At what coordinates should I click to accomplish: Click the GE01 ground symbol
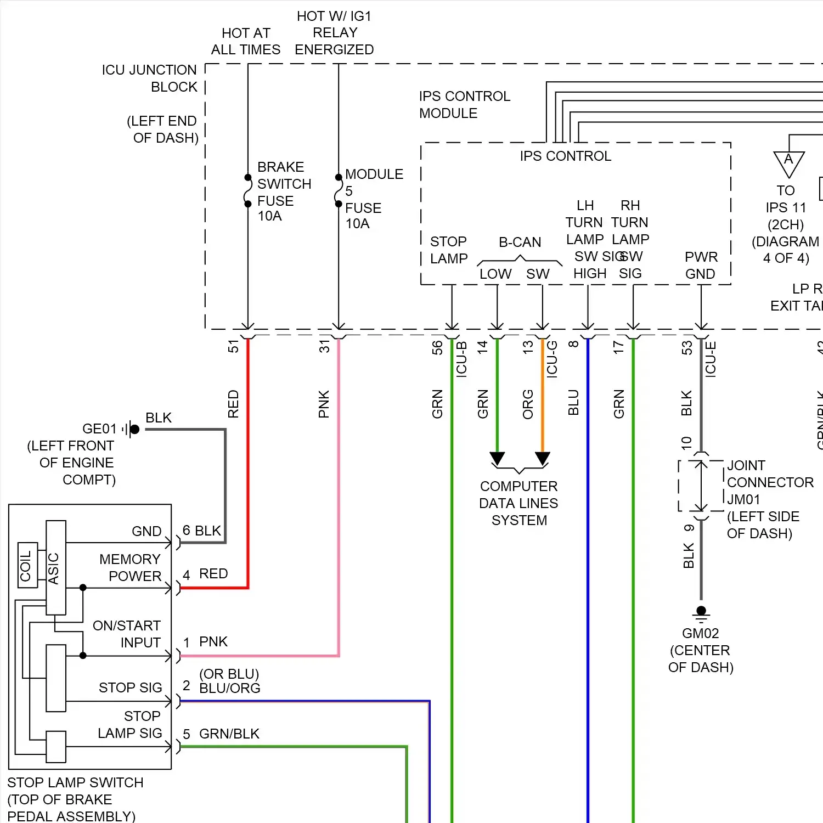coord(132,429)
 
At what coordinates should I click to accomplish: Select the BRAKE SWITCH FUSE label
coord(284,191)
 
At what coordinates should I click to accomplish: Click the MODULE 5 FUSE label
coord(373,198)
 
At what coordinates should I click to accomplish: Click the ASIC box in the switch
coord(55,567)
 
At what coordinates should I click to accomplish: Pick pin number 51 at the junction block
coord(234,346)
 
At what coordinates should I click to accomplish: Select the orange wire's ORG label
coord(528,404)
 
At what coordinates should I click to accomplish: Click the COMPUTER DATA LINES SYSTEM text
coord(518,503)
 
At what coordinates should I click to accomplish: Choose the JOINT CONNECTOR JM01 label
coord(769,482)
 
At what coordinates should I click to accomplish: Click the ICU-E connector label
coord(711,359)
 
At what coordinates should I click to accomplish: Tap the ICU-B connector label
coord(461,359)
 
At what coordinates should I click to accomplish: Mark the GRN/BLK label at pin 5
coord(229,734)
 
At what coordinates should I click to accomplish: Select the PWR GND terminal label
coord(701,266)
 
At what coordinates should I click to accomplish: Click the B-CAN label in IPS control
coord(520,242)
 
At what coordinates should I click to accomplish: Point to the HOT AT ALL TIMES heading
coord(246,41)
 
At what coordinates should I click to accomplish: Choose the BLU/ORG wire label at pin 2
coord(229,688)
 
